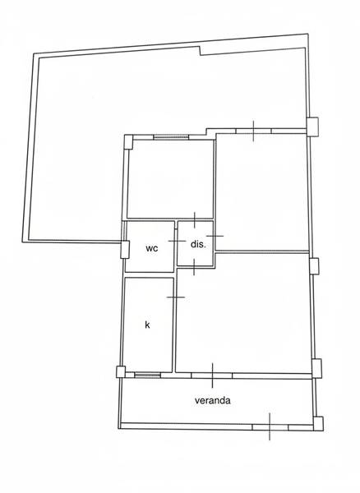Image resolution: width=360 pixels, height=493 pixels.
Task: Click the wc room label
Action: point(152,248)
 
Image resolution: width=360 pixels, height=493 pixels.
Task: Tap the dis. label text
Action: point(198,244)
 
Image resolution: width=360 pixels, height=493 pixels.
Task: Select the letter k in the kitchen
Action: point(147,325)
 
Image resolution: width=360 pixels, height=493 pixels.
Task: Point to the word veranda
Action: point(213,401)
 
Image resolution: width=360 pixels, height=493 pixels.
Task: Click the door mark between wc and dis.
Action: point(178,241)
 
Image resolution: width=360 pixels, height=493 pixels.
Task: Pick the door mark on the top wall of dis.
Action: point(195,220)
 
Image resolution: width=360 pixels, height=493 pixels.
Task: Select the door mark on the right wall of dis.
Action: point(215,236)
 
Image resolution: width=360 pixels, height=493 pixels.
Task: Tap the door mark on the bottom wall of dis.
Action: point(194,267)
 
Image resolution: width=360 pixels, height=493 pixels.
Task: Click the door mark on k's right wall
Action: point(176,297)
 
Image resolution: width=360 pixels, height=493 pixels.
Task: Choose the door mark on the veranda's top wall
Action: point(213,376)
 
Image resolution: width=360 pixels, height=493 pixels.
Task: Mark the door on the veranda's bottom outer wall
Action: point(270,426)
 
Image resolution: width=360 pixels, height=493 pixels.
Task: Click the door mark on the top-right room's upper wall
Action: point(253,131)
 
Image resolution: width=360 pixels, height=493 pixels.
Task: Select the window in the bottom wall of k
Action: point(147,375)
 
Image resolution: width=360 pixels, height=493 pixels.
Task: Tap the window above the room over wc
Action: point(171,136)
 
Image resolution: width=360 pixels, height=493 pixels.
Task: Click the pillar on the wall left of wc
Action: point(125,250)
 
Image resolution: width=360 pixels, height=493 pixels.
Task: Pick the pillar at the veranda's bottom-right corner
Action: point(318,423)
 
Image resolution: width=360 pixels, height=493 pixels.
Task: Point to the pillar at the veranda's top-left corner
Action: point(121,372)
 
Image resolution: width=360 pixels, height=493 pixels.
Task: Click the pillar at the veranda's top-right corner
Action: point(317,368)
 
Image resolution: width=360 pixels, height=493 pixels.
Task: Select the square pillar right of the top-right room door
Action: point(312,127)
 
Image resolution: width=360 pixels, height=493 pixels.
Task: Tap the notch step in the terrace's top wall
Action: point(201,51)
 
